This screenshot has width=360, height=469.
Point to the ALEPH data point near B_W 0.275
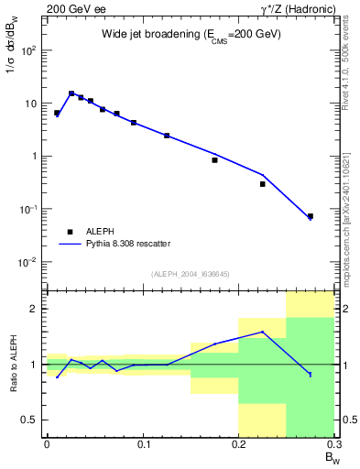(x=311, y=216)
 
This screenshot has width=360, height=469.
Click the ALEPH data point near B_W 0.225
(x=262, y=184)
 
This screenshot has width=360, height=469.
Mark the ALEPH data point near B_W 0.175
(x=214, y=159)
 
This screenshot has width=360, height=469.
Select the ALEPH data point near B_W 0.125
(x=167, y=136)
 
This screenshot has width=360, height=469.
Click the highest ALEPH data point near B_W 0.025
(x=71, y=93)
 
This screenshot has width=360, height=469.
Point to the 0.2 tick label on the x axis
(x=238, y=443)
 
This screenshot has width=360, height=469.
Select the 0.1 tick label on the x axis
(x=143, y=443)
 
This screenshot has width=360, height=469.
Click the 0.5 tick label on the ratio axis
(x=29, y=420)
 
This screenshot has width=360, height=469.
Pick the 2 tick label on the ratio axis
(x=33, y=309)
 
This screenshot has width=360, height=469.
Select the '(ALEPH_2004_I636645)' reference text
(x=190, y=274)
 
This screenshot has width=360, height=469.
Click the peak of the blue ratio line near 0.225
(x=262, y=332)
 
